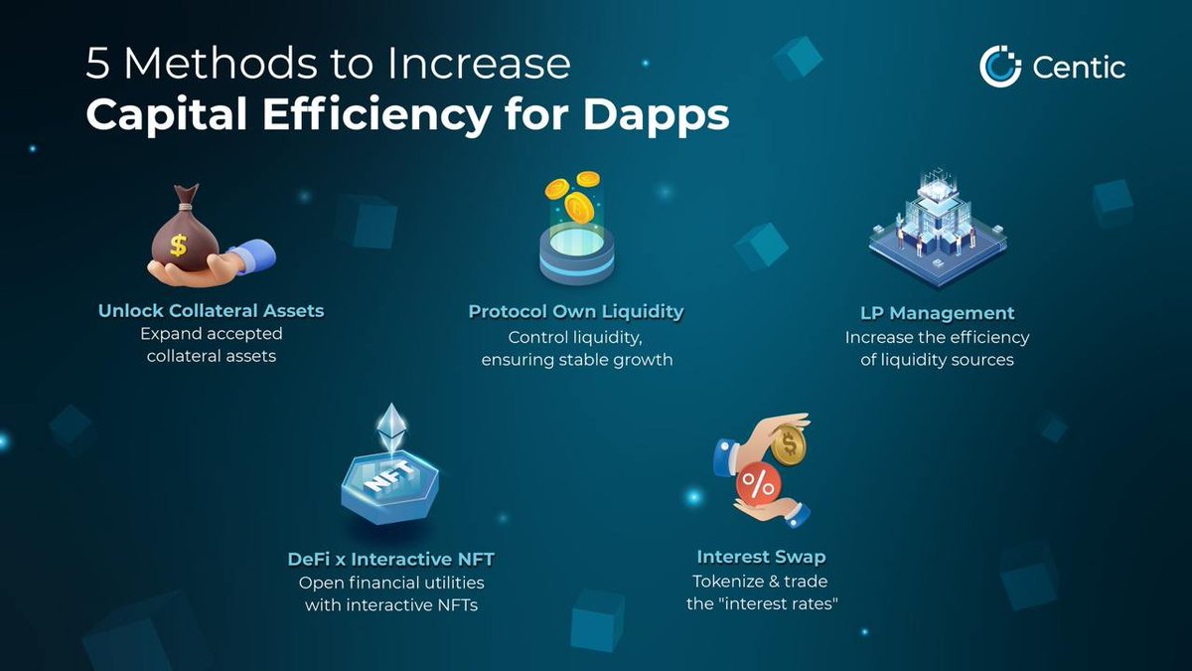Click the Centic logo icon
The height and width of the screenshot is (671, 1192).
[x=1000, y=67]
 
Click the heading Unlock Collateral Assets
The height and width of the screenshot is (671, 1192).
[x=211, y=311]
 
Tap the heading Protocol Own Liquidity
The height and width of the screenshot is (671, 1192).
[x=576, y=312]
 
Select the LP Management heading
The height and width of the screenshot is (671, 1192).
[x=938, y=314]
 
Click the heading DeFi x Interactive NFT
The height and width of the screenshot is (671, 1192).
[x=391, y=559]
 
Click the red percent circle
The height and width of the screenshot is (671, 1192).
[x=760, y=485]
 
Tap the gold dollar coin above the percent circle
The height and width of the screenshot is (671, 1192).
[x=788, y=444]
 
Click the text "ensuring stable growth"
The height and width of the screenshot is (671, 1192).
[x=576, y=360]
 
